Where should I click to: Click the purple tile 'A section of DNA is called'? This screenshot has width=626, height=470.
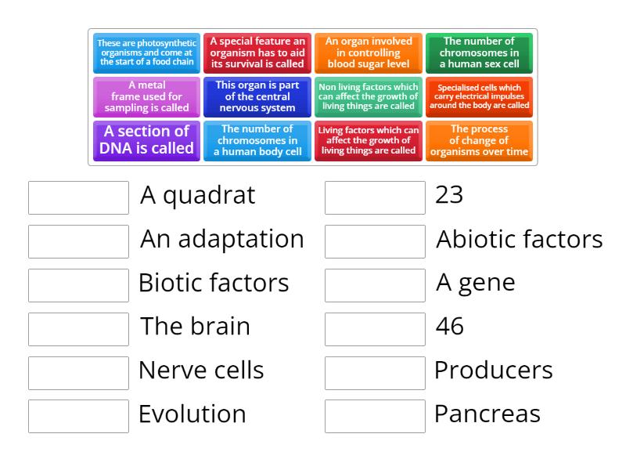(147, 140)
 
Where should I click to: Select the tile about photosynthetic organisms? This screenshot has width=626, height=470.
(147, 52)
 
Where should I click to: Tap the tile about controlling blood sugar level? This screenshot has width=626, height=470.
(368, 52)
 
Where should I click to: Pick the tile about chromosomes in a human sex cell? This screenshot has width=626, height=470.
(479, 52)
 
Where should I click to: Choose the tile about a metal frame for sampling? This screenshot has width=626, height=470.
(147, 96)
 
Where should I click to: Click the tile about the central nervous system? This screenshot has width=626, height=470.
(257, 96)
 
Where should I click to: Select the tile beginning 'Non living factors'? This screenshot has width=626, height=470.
(368, 96)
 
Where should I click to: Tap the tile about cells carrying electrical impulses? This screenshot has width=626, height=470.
(479, 96)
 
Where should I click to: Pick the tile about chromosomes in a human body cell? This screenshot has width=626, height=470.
(257, 140)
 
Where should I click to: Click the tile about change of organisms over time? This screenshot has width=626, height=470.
(479, 140)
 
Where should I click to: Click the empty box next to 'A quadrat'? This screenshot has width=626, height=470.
(78, 197)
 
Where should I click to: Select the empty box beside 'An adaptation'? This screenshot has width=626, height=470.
(78, 241)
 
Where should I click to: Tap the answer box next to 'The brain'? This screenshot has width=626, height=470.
(78, 329)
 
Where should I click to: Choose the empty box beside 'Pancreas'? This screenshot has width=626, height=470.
(375, 416)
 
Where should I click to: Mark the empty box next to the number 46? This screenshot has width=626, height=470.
(375, 329)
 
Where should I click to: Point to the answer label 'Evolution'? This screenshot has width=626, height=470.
(192, 414)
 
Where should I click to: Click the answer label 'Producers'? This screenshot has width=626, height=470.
(494, 370)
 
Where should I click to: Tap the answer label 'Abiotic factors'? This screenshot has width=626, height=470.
(519, 239)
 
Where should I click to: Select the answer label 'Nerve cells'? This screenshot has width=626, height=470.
(201, 370)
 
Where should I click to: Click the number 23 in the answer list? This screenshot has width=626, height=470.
(449, 195)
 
